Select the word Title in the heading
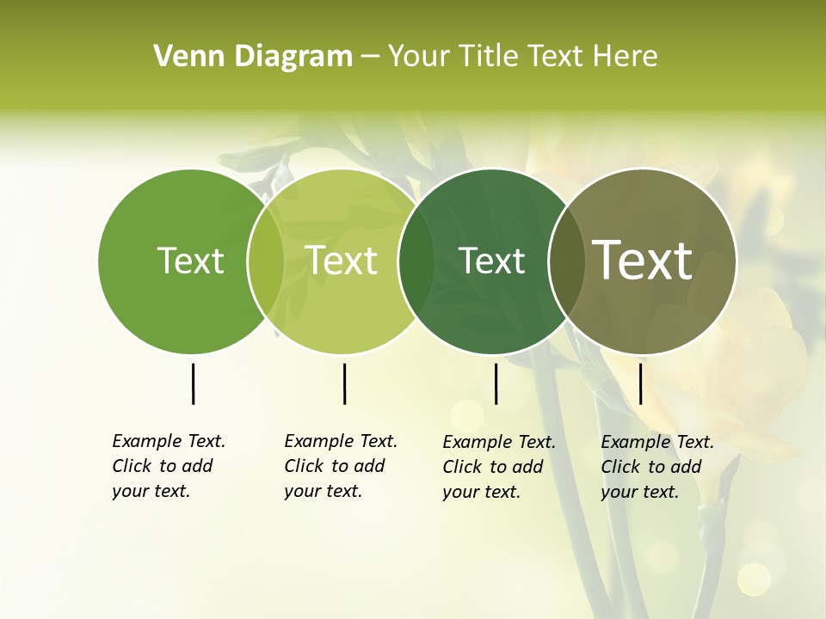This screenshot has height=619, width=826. point(490,56)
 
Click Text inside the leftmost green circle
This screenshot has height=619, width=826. point(190,260)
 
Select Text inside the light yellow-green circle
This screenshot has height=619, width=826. point(341,260)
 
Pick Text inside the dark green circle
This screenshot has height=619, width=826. point(491,260)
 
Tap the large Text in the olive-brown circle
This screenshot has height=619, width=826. point(643,260)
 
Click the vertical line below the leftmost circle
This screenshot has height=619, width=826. point(193,383)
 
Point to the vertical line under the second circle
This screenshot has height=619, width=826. point(344,383)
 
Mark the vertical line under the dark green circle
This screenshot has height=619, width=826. point(496,383)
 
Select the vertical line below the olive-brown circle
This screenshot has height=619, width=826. point(640,383)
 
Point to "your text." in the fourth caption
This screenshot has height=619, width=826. point(639,492)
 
